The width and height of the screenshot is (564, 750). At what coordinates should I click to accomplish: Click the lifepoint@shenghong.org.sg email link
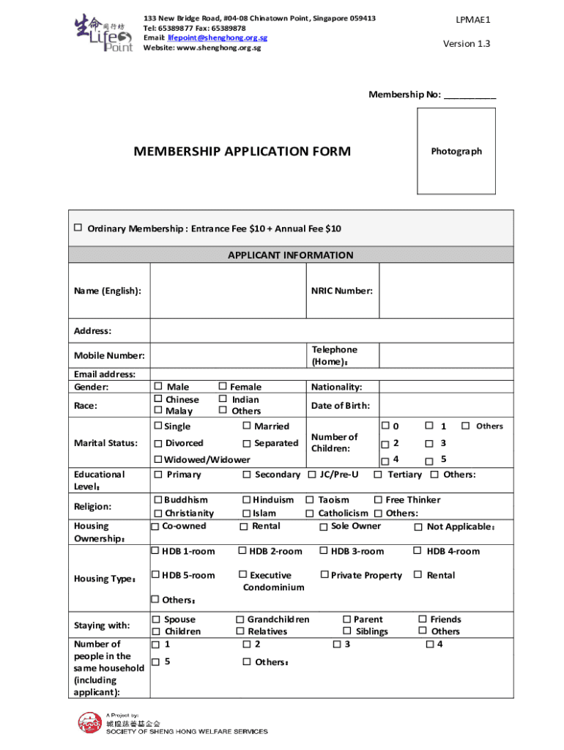click(x=218, y=37)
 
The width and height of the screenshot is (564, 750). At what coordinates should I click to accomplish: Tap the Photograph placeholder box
click(x=456, y=151)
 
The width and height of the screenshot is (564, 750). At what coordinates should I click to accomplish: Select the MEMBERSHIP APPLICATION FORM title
click(x=242, y=152)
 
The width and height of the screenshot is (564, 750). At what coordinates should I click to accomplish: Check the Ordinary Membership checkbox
click(x=78, y=228)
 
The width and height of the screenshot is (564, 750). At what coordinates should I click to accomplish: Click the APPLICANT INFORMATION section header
click(x=290, y=256)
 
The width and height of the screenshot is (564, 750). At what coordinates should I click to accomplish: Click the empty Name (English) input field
click(x=227, y=291)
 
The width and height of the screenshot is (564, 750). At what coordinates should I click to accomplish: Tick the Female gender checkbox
click(x=223, y=386)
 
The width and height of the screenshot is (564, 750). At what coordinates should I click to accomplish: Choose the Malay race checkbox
click(x=157, y=411)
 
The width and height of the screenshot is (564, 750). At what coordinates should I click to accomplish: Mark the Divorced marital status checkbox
click(x=157, y=444)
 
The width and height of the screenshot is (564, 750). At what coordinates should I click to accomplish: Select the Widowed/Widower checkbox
click(x=157, y=460)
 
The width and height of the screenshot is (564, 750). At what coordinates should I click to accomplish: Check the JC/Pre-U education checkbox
click(x=312, y=475)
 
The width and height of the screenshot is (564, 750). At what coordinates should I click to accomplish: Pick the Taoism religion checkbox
click(x=310, y=500)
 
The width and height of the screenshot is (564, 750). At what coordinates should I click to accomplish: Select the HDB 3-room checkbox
click(x=323, y=551)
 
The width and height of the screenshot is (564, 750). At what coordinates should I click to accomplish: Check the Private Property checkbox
click(x=324, y=575)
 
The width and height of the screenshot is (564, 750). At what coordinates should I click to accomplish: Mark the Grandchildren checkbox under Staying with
click(x=240, y=620)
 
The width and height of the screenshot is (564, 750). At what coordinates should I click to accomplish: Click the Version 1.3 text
click(x=467, y=43)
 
